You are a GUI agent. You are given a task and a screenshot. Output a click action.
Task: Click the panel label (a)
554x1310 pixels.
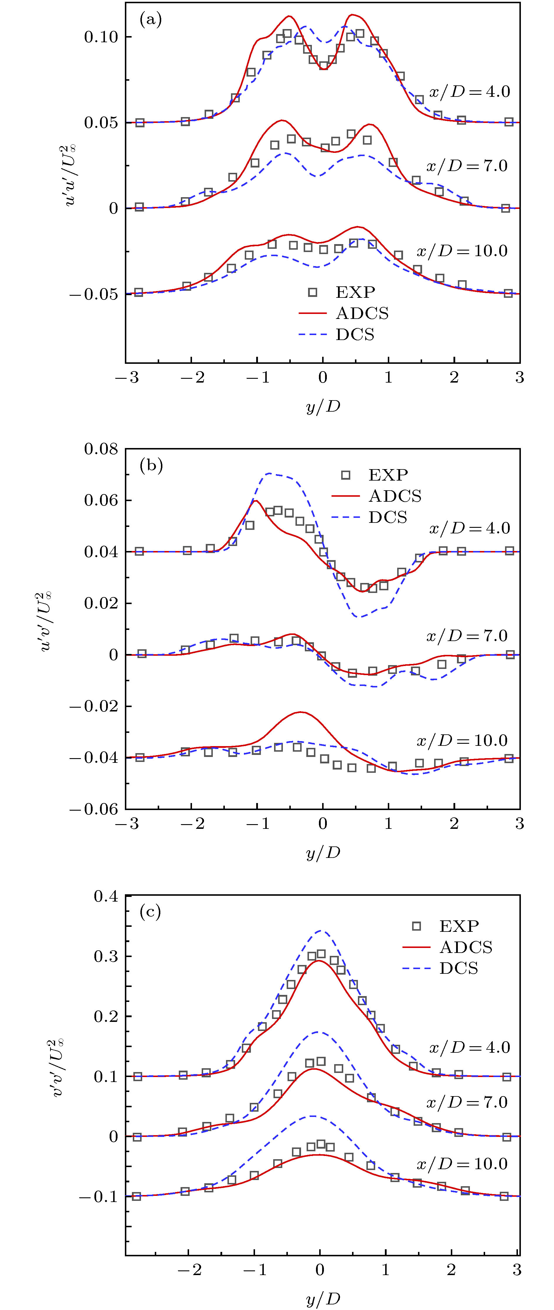pyautogui.click(x=150, y=20)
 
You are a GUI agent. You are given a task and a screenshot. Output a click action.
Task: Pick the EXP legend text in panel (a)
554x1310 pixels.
pyautogui.click(x=355, y=293)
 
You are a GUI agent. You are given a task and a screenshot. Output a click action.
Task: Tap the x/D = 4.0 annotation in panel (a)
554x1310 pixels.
pyautogui.click(x=469, y=92)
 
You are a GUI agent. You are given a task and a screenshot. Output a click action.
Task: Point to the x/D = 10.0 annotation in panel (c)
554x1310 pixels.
pyautogui.click(x=461, y=1164)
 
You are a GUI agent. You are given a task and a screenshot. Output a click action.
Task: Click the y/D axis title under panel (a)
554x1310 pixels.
pyautogui.click(x=323, y=407)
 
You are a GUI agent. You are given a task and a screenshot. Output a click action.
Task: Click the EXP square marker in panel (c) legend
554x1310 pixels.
pyautogui.click(x=417, y=926)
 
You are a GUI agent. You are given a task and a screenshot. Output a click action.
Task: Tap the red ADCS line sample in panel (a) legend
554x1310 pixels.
pyautogui.click(x=312, y=313)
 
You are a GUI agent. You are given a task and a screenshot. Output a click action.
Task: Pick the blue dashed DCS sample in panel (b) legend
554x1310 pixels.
pyautogui.click(x=346, y=517)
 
